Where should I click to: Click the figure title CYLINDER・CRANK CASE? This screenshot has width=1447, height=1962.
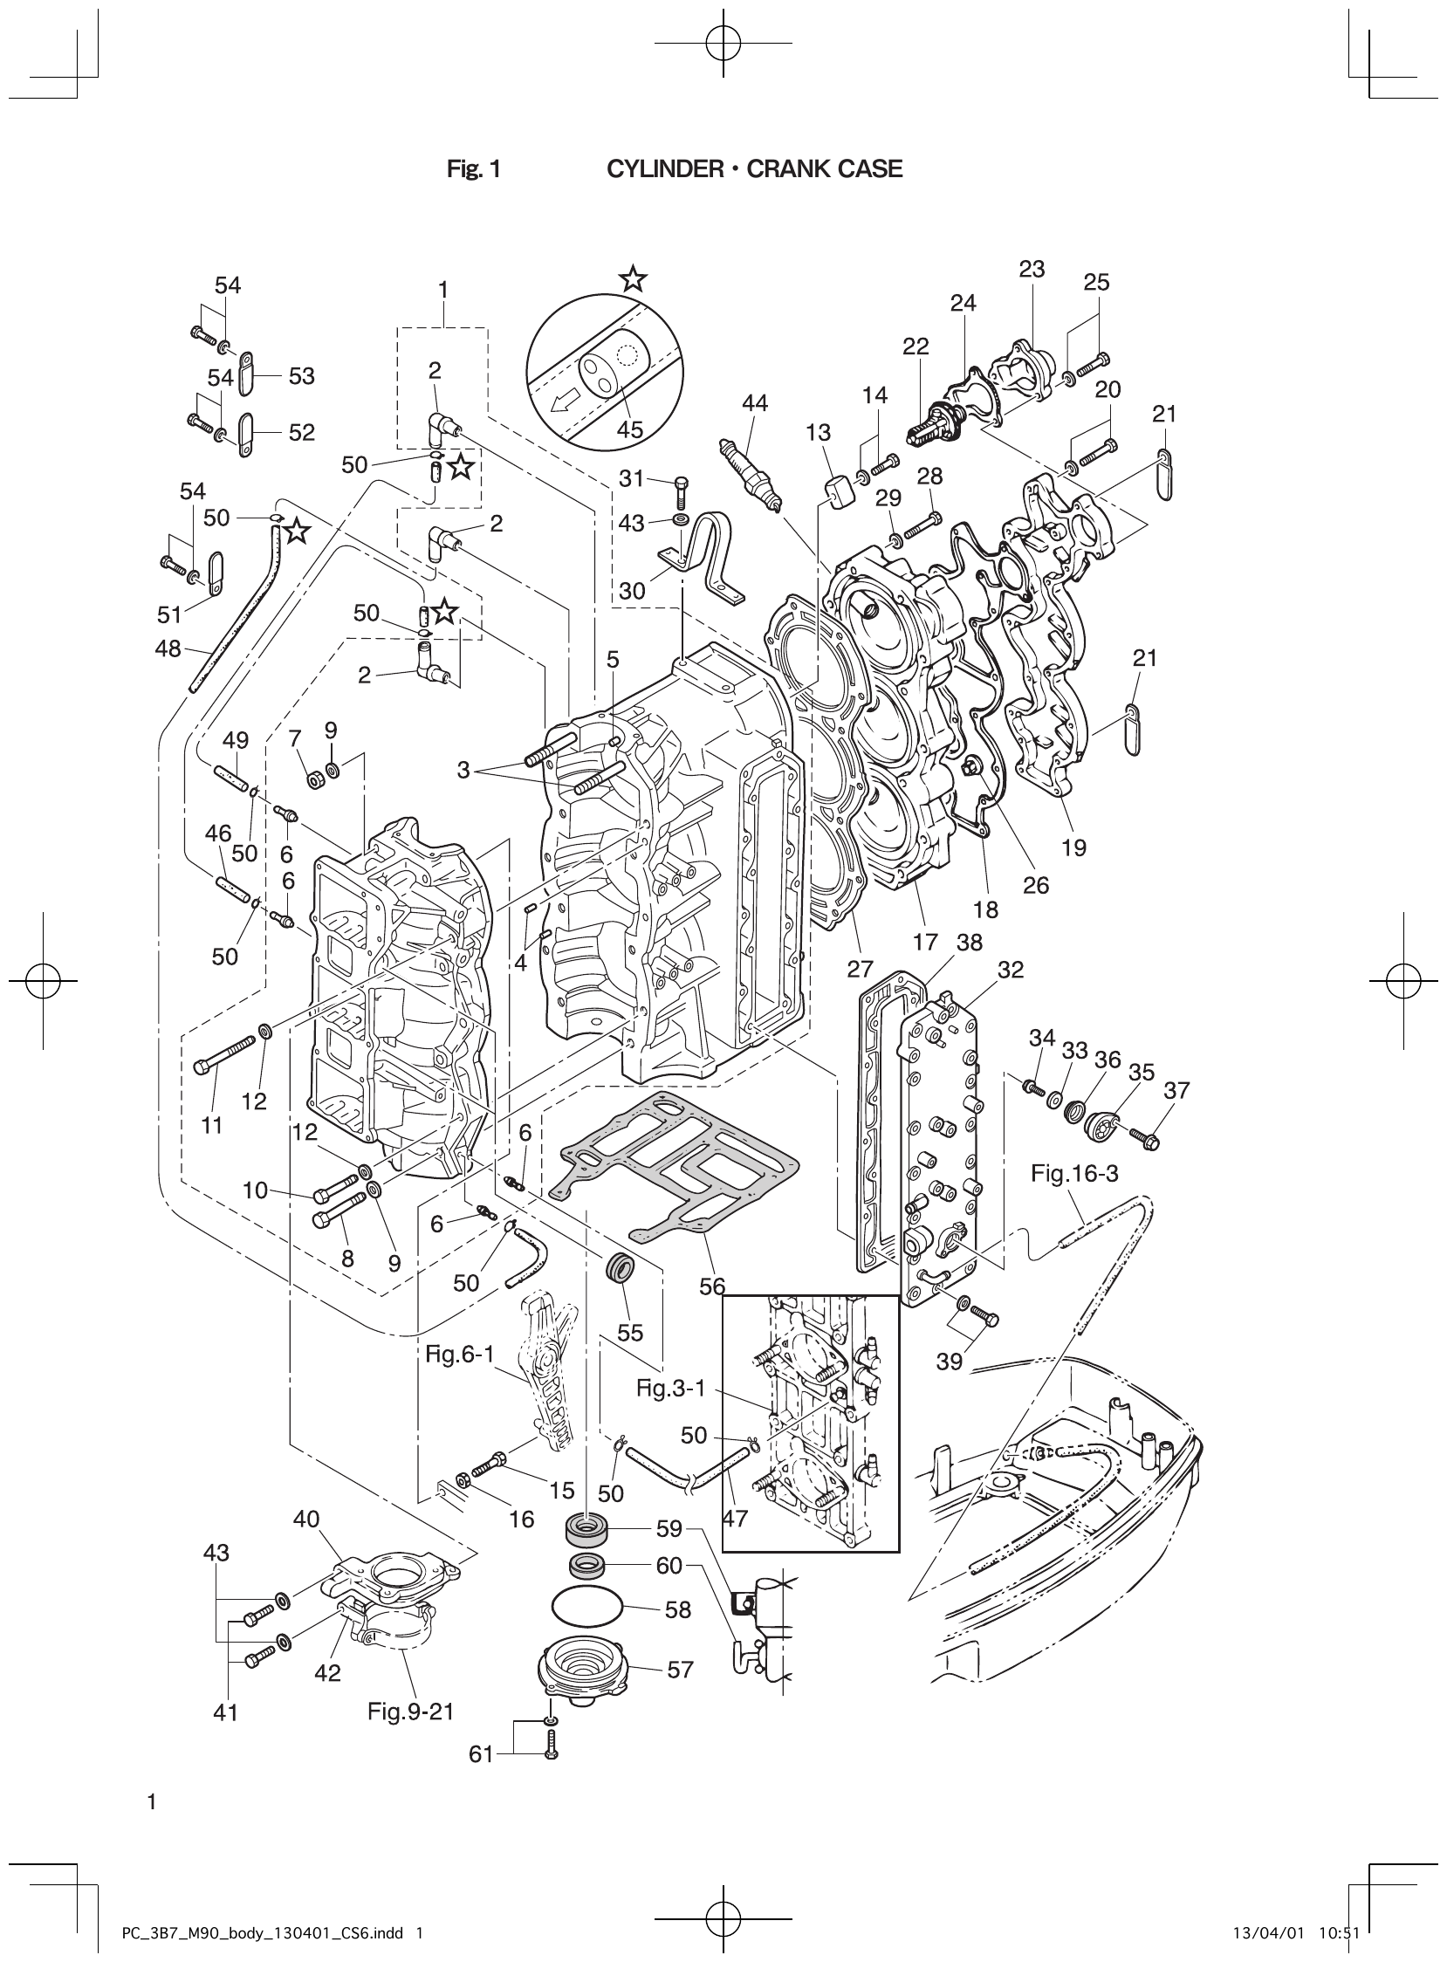coord(754,169)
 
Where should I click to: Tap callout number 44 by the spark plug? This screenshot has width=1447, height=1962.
coord(754,403)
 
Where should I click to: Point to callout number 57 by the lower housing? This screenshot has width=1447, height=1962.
coord(680,1670)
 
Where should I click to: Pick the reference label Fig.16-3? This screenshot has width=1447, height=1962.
coord(1073,1174)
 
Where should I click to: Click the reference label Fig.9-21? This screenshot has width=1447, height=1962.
coord(411,1711)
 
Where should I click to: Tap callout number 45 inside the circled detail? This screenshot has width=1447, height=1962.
coord(630,429)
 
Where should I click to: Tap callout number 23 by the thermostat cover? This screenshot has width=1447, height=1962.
coord(1032,269)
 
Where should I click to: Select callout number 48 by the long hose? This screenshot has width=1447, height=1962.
coord(168,649)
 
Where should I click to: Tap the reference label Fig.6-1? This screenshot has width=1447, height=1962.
coord(460,1355)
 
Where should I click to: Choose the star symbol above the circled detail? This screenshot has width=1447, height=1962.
coord(633,280)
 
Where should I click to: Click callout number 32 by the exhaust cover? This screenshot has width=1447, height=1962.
coord(1010,970)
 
